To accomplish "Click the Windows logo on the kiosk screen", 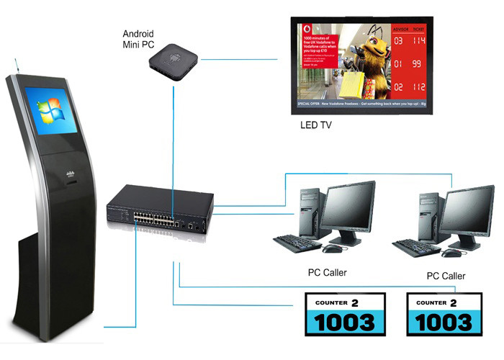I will [53, 112].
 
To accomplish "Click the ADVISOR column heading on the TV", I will [400, 29].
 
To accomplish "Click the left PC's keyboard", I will [297, 242].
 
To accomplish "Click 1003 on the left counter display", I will [345, 321].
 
